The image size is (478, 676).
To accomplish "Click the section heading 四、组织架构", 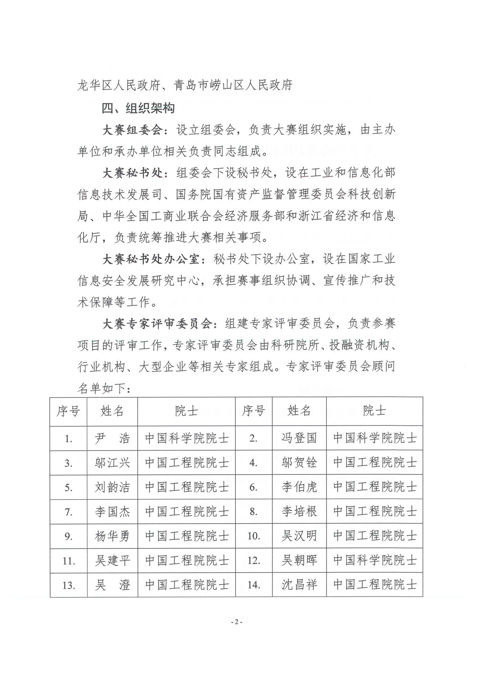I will [138, 108].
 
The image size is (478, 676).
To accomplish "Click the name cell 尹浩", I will [112, 438].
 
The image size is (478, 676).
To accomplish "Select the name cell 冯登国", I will [299, 438].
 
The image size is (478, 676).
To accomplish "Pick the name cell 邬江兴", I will [112, 463].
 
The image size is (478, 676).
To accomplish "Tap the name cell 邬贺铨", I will [299, 463].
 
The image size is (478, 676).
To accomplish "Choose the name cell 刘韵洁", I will [112, 487].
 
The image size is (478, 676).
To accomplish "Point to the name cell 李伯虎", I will [299, 487].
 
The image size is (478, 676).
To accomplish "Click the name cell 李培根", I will [299, 512].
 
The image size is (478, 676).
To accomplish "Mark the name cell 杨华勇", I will [112, 536].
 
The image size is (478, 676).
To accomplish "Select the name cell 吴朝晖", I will [299, 560].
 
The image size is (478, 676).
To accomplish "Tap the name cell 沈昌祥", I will [299, 585].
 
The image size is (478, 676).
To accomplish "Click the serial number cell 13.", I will [68, 585].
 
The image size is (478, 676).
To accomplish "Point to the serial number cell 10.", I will [254, 536].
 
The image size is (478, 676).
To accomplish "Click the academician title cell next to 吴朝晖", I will [375, 560].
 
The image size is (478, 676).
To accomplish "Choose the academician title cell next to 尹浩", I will [187, 438].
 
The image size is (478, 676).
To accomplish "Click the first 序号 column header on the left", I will [68, 411].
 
